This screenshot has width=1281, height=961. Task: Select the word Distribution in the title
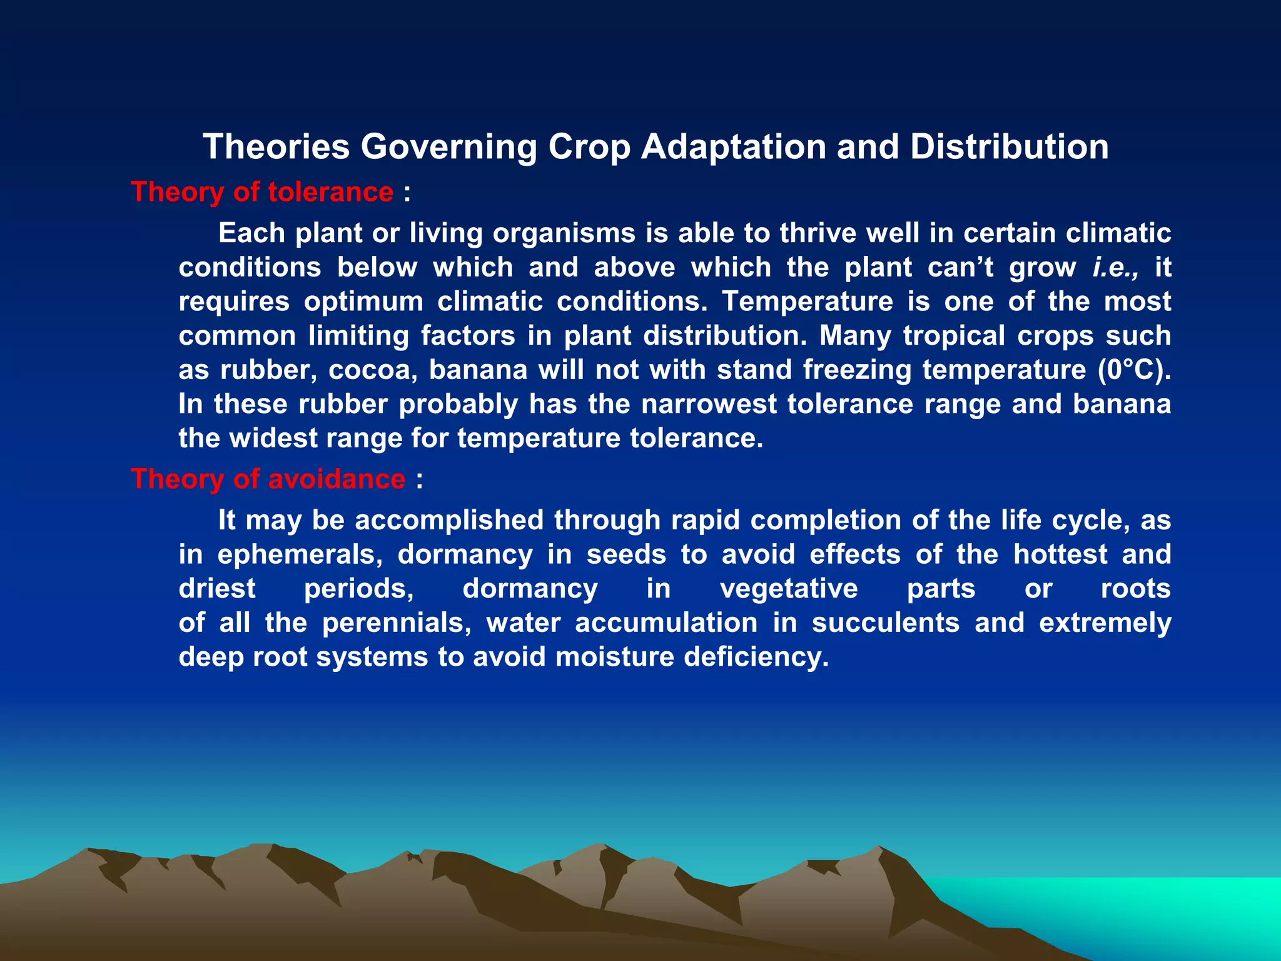click(1009, 147)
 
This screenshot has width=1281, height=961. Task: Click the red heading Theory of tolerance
click(262, 192)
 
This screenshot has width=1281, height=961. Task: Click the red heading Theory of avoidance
click(268, 479)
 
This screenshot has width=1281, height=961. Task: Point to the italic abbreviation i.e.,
click(1115, 268)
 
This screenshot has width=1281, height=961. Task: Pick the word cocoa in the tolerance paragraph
click(373, 370)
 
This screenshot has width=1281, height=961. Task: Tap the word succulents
click(885, 623)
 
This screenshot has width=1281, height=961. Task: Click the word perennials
click(397, 623)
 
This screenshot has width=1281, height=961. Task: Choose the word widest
click(274, 439)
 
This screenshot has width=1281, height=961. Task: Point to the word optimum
click(364, 302)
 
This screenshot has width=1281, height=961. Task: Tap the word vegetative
click(789, 589)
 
